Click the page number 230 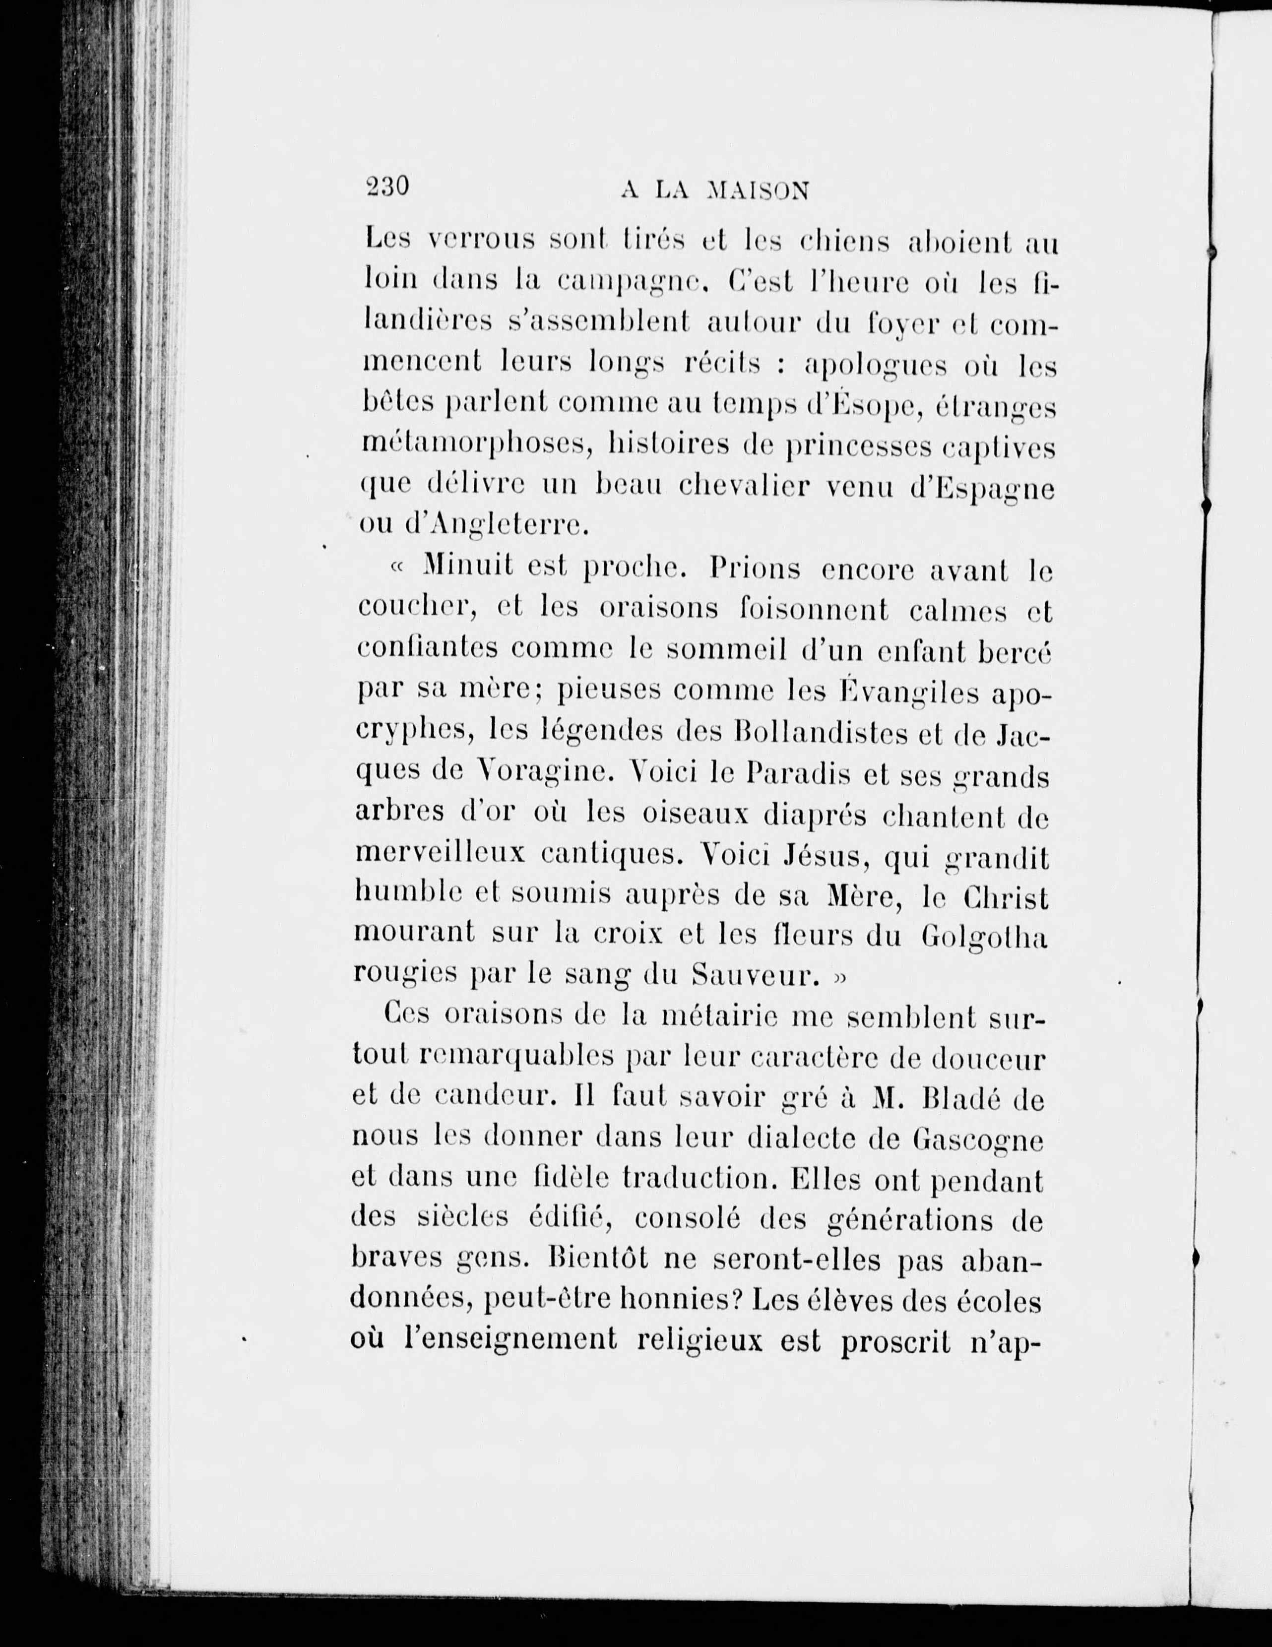tap(386, 186)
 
